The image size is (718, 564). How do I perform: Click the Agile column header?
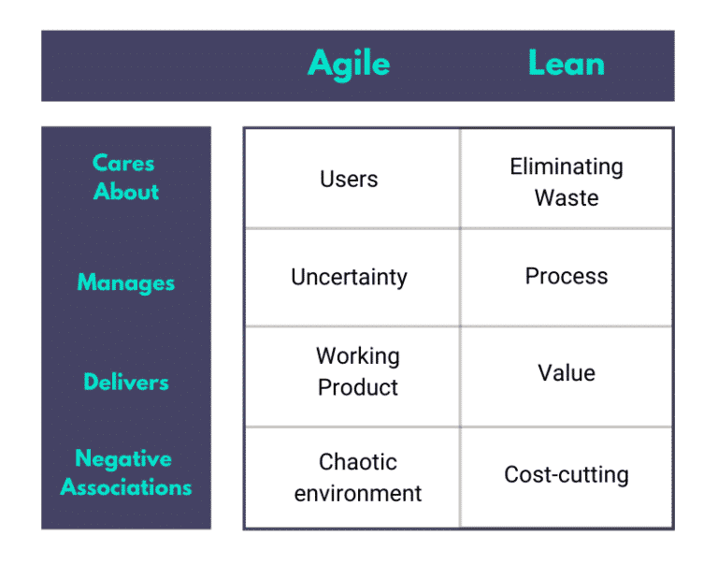tap(349, 64)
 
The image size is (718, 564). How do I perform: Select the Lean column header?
tap(566, 64)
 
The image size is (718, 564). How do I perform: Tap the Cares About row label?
tap(125, 177)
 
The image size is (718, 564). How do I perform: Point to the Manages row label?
tap(125, 282)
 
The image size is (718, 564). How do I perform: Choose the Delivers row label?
tap(125, 382)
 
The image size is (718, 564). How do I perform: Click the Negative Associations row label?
tap(125, 473)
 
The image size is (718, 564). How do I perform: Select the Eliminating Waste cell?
tap(566, 181)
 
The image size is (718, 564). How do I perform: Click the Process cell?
tap(566, 276)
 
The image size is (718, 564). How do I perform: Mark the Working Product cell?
tap(357, 371)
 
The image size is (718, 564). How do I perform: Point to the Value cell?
tap(566, 373)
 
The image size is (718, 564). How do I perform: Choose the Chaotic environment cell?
tap(357, 477)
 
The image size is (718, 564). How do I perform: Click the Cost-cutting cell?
tap(566, 474)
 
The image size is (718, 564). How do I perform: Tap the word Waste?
tap(566, 197)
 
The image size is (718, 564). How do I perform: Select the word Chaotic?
tap(357, 462)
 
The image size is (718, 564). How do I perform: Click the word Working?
tap(357, 356)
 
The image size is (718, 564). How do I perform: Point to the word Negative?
tap(123, 459)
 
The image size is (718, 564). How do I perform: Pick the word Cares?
tap(123, 163)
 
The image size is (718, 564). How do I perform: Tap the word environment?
tap(357, 493)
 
